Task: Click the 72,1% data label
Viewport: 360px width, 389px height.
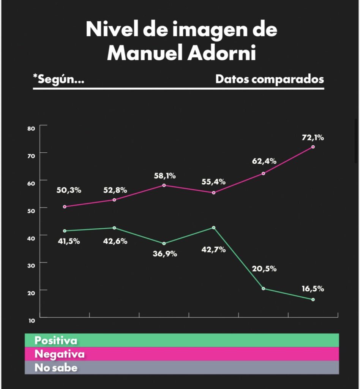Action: (313, 138)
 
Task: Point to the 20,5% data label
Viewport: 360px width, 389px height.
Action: (264, 269)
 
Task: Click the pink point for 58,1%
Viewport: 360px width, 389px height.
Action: (164, 185)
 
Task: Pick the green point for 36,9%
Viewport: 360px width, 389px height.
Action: (164, 244)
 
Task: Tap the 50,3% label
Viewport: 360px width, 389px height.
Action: (69, 190)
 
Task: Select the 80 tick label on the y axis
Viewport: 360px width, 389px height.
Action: (31, 128)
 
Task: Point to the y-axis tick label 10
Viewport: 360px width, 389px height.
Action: (32, 321)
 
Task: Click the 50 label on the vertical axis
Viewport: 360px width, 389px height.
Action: (31, 211)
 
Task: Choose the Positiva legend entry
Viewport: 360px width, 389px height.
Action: (56, 340)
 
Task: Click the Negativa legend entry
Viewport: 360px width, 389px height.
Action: (60, 354)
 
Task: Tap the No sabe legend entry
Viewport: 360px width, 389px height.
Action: (56, 368)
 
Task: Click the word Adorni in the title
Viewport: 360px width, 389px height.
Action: (222, 53)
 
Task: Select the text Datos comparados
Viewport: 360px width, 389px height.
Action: (270, 79)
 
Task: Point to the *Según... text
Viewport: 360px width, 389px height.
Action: (59, 79)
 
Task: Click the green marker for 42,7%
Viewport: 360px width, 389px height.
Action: (213, 228)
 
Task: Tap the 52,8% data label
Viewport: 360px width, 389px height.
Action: (115, 190)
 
